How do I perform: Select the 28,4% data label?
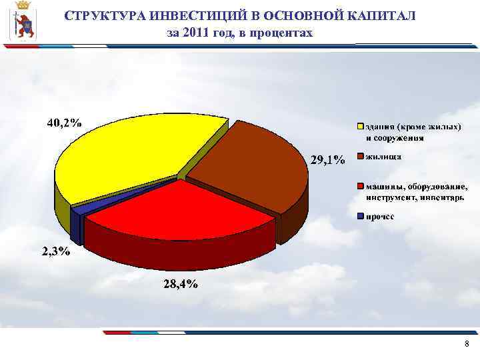click(180, 285)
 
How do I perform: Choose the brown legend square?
click(360, 157)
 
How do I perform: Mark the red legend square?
click(360, 186)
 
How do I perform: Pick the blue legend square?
click(360, 216)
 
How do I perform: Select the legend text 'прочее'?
click(380, 216)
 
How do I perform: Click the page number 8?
click(466, 344)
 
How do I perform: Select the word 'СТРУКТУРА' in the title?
click(104, 16)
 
